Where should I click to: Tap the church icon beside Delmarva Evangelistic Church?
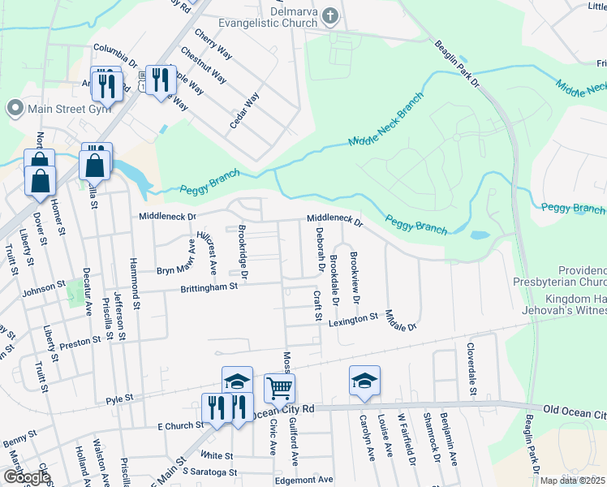pyautogui.click(x=330, y=15)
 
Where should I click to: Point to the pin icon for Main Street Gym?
pyautogui.click(x=14, y=109)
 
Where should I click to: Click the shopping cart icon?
pyautogui.click(x=279, y=389)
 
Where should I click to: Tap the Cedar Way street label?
pyautogui.click(x=245, y=110)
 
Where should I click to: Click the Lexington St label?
pyautogui.click(x=353, y=321)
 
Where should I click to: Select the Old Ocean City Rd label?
pyautogui.click(x=575, y=412)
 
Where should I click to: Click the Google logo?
pyautogui.click(x=26, y=477)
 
